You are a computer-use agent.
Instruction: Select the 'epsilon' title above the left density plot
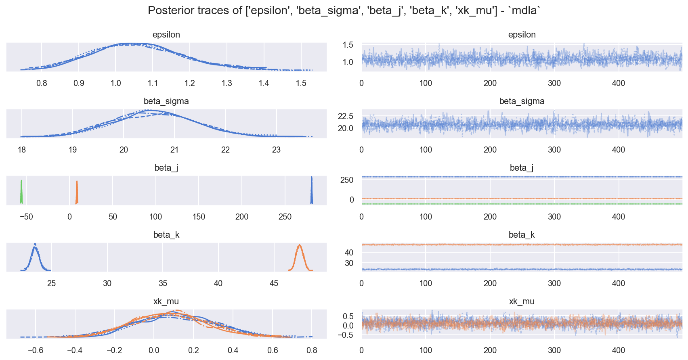click(166, 35)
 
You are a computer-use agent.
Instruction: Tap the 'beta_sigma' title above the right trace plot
click(522, 101)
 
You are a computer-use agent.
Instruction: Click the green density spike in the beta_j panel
click(22, 192)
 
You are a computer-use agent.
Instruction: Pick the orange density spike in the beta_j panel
click(77, 193)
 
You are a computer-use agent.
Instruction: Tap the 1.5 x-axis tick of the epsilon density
click(301, 83)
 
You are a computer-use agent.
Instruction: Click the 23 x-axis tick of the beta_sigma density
click(276, 150)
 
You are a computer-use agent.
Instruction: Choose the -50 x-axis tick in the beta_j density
click(26, 217)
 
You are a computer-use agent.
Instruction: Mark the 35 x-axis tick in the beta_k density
click(163, 283)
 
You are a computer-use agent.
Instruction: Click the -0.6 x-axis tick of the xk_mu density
click(35, 350)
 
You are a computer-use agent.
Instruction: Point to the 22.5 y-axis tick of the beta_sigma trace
click(346, 116)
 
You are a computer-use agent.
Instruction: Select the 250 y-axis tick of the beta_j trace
click(347, 180)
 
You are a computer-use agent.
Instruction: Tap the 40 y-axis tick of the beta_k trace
click(349, 253)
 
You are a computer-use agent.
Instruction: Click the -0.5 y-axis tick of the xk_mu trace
click(346, 335)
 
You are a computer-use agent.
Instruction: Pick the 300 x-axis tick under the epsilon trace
click(554, 83)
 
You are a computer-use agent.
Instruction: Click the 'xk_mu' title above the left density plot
click(166, 301)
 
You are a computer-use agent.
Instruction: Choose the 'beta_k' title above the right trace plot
click(522, 235)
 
